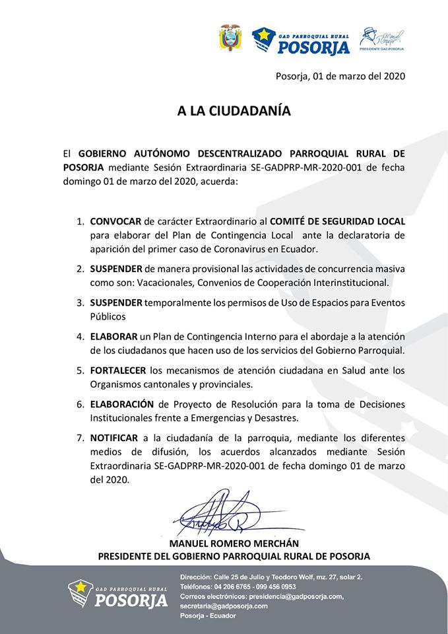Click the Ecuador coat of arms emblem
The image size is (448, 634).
(x=230, y=38)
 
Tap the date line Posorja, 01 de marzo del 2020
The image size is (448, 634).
(x=340, y=76)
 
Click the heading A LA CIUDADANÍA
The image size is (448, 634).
(x=234, y=111)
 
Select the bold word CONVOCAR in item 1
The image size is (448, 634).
(x=116, y=221)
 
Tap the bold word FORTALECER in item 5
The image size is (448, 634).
(x=118, y=370)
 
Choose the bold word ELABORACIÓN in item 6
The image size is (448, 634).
(x=122, y=404)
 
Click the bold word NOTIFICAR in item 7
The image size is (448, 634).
(x=114, y=438)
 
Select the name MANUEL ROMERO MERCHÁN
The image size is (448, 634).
(x=234, y=542)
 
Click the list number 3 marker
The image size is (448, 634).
(x=80, y=302)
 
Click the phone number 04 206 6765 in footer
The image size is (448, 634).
(x=235, y=586)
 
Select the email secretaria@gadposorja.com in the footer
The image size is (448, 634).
(x=224, y=606)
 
